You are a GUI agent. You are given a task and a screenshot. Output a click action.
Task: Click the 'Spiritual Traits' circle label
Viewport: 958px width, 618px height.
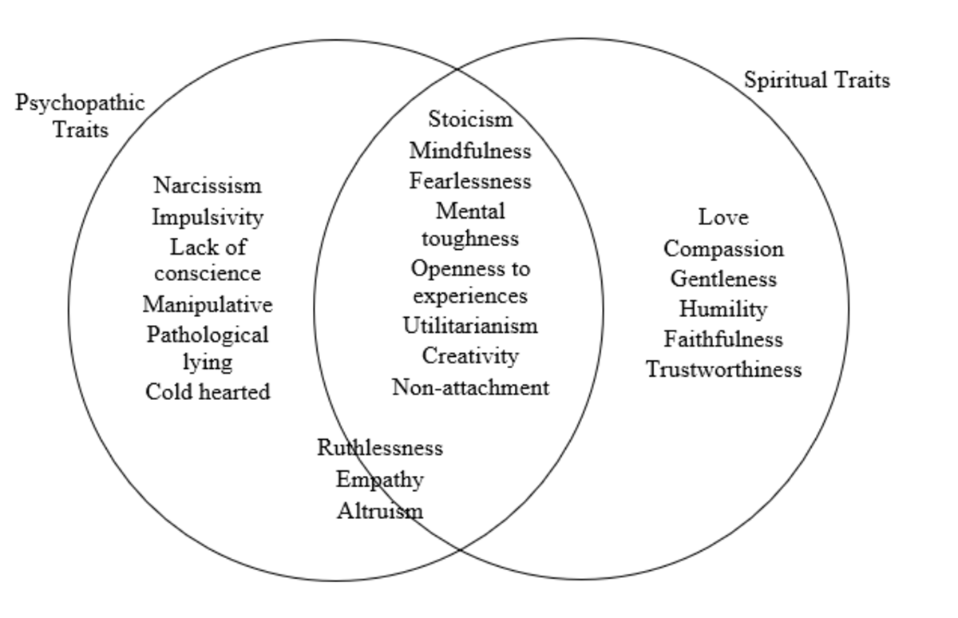(x=816, y=80)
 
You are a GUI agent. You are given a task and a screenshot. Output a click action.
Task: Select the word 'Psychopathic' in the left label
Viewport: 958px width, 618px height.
(x=80, y=103)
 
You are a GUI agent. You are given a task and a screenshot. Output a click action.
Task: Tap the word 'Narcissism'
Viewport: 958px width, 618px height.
(x=207, y=185)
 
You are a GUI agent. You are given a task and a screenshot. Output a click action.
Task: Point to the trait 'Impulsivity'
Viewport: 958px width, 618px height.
(x=207, y=216)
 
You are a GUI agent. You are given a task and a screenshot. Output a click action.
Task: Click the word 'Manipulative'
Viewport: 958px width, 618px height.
(x=207, y=304)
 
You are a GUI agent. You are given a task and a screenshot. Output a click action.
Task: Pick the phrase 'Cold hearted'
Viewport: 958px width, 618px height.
(x=207, y=391)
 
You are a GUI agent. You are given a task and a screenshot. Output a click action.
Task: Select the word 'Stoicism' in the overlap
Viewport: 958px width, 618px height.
(x=470, y=119)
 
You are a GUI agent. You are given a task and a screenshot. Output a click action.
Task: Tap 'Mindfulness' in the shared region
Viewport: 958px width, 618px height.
(x=470, y=150)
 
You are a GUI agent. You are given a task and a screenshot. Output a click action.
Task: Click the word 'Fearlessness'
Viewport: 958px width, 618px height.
(x=470, y=181)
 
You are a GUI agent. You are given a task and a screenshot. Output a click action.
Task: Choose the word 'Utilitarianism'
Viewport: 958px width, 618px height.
(x=470, y=326)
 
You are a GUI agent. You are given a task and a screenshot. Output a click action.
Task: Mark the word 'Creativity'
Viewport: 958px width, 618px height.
(x=470, y=355)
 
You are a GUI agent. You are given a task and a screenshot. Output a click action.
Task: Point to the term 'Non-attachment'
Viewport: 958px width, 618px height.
(x=470, y=387)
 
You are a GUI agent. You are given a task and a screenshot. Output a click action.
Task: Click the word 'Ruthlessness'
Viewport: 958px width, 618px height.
(x=379, y=447)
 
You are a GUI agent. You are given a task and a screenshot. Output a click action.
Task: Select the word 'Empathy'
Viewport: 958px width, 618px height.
(x=379, y=480)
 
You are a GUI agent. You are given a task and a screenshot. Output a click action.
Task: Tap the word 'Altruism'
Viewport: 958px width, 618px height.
(x=379, y=510)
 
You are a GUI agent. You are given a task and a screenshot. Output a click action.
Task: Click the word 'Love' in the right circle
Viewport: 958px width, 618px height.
(x=723, y=216)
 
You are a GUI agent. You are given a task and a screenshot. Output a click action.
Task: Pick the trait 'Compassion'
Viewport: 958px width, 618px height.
(x=723, y=248)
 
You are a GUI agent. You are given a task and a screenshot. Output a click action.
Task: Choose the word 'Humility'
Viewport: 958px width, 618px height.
(x=723, y=309)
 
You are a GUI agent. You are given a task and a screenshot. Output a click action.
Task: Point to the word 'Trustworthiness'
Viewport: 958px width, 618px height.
(x=723, y=370)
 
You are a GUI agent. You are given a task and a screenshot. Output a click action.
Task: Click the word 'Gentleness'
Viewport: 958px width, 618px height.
(x=723, y=279)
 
